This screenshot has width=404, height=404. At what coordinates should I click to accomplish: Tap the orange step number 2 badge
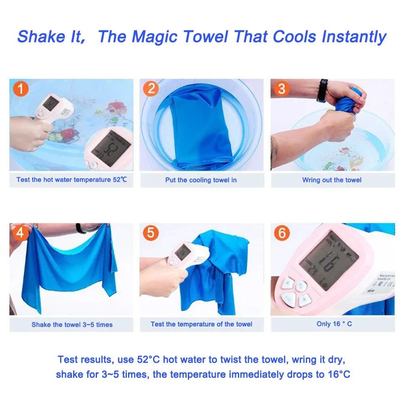pyautogui.click(x=151, y=88)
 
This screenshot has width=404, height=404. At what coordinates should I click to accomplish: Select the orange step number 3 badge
pyautogui.click(x=282, y=88)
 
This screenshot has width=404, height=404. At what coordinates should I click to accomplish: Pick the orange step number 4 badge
pyautogui.click(x=21, y=233)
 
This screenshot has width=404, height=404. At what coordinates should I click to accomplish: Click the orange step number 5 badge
pyautogui.click(x=151, y=233)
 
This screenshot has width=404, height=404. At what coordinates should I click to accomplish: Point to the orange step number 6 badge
pyautogui.click(x=282, y=233)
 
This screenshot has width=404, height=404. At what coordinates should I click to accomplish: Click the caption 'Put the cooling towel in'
pyautogui.click(x=201, y=180)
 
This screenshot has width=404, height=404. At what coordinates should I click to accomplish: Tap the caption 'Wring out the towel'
pyautogui.click(x=332, y=180)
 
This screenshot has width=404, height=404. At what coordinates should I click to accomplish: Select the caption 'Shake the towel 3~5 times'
pyautogui.click(x=72, y=324)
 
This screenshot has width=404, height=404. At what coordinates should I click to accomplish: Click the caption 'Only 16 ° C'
pyautogui.click(x=334, y=324)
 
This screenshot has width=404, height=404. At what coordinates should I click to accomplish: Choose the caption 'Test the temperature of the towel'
pyautogui.click(x=201, y=324)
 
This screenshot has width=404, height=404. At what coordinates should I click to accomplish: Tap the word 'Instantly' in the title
pyautogui.click(x=354, y=36)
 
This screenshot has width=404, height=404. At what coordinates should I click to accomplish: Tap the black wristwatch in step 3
pyautogui.click(x=322, y=90)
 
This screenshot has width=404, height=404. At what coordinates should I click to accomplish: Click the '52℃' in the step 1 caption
pyautogui.click(x=120, y=179)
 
